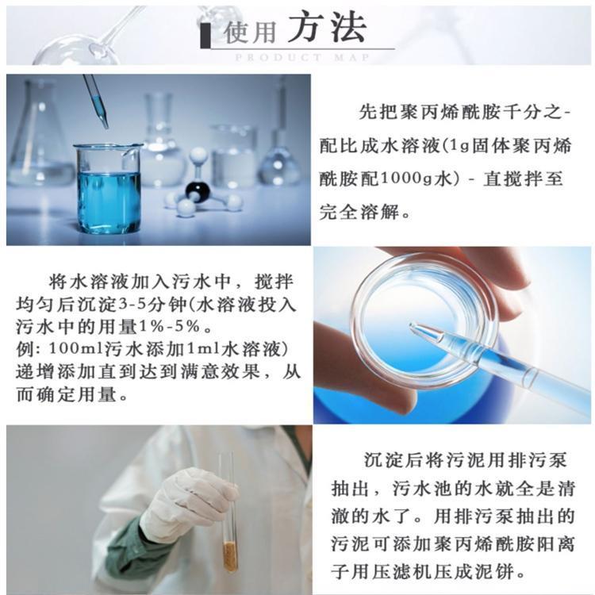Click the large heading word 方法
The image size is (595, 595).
point(327,26)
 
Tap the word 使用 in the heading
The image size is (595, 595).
point(250,32)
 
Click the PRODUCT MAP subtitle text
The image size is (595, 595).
point(302,58)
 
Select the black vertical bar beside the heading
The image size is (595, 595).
point(205,36)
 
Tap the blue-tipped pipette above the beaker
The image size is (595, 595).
point(96,100)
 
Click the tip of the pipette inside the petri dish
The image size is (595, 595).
point(411,325)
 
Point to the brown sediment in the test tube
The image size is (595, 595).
point(230,556)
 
